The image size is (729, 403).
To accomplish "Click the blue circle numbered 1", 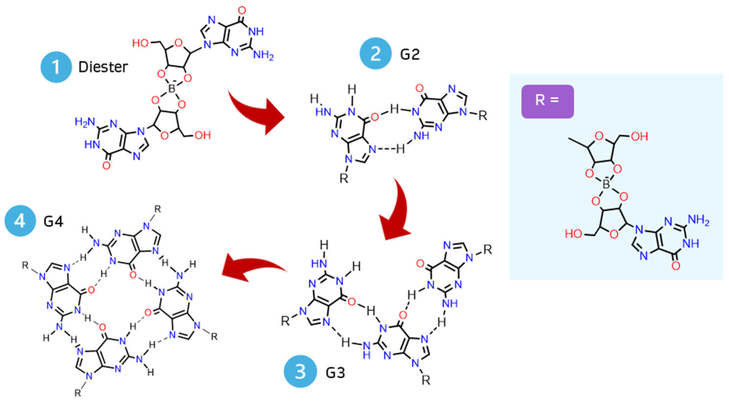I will pyautogui.click(x=56, y=67).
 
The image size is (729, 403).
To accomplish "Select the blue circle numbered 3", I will pyautogui.click(x=300, y=372).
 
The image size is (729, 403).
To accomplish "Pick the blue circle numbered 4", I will pyautogui.click(x=20, y=221).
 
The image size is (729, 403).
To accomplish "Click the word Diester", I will pyautogui.click(x=103, y=67).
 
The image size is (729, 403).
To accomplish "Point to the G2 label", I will pyautogui.click(x=410, y=54).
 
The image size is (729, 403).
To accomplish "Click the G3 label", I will pyautogui.click(x=335, y=373).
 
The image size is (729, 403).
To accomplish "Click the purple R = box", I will pyautogui.click(x=547, y=101).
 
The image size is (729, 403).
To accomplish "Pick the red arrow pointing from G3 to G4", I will pyautogui.click(x=249, y=267).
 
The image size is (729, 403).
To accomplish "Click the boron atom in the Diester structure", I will pyautogui.click(x=172, y=89).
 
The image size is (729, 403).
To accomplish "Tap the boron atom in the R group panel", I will pyautogui.click(x=606, y=184).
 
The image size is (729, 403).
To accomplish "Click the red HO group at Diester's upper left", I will pyautogui.click(x=141, y=43).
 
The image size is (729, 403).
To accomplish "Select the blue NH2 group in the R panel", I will pyautogui.click(x=698, y=220).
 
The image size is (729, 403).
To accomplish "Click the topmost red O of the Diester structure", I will pyautogui.click(x=242, y=11).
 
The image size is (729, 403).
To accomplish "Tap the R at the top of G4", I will pyautogui.click(x=158, y=209).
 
